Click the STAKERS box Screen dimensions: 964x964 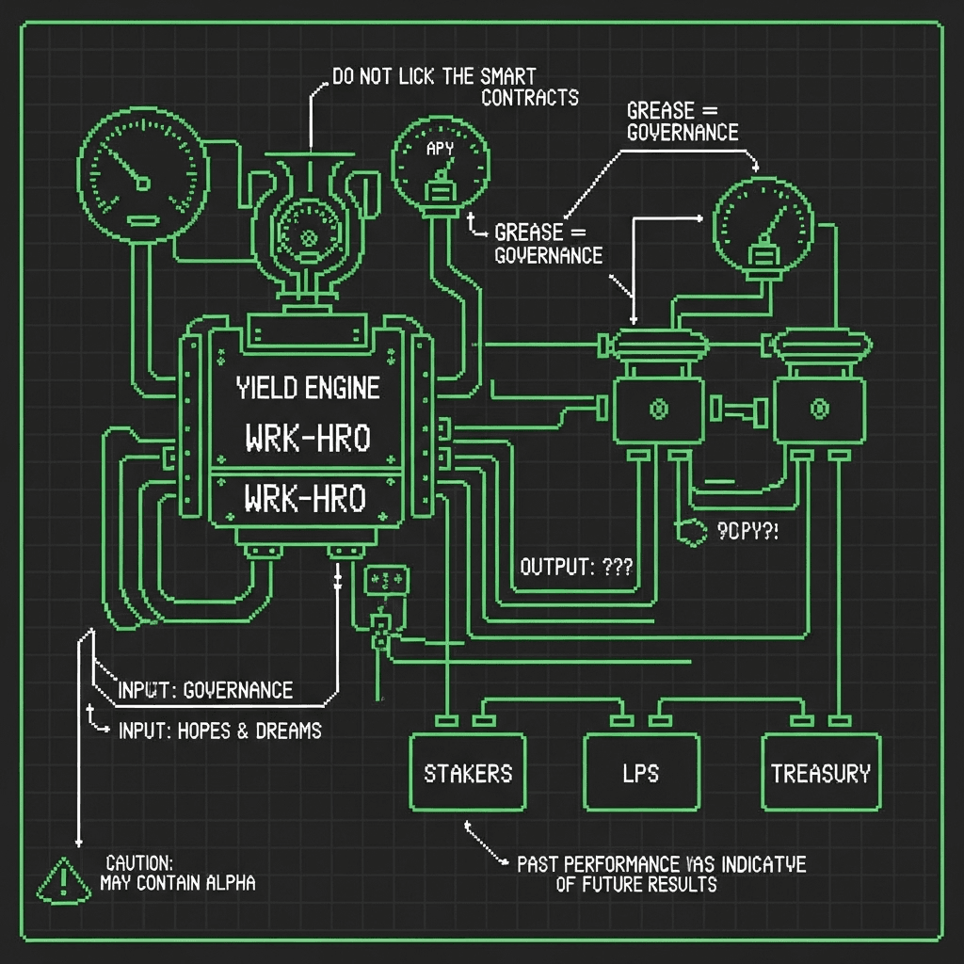point(468,772)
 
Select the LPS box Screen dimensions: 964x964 point(642,772)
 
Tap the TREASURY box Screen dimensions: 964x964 point(821,772)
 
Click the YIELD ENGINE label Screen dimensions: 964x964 point(308,387)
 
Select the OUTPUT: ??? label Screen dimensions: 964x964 point(575,567)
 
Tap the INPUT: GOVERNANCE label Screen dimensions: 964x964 point(205,690)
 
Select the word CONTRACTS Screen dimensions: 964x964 point(530,97)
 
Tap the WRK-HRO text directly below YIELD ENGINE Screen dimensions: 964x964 point(308,437)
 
